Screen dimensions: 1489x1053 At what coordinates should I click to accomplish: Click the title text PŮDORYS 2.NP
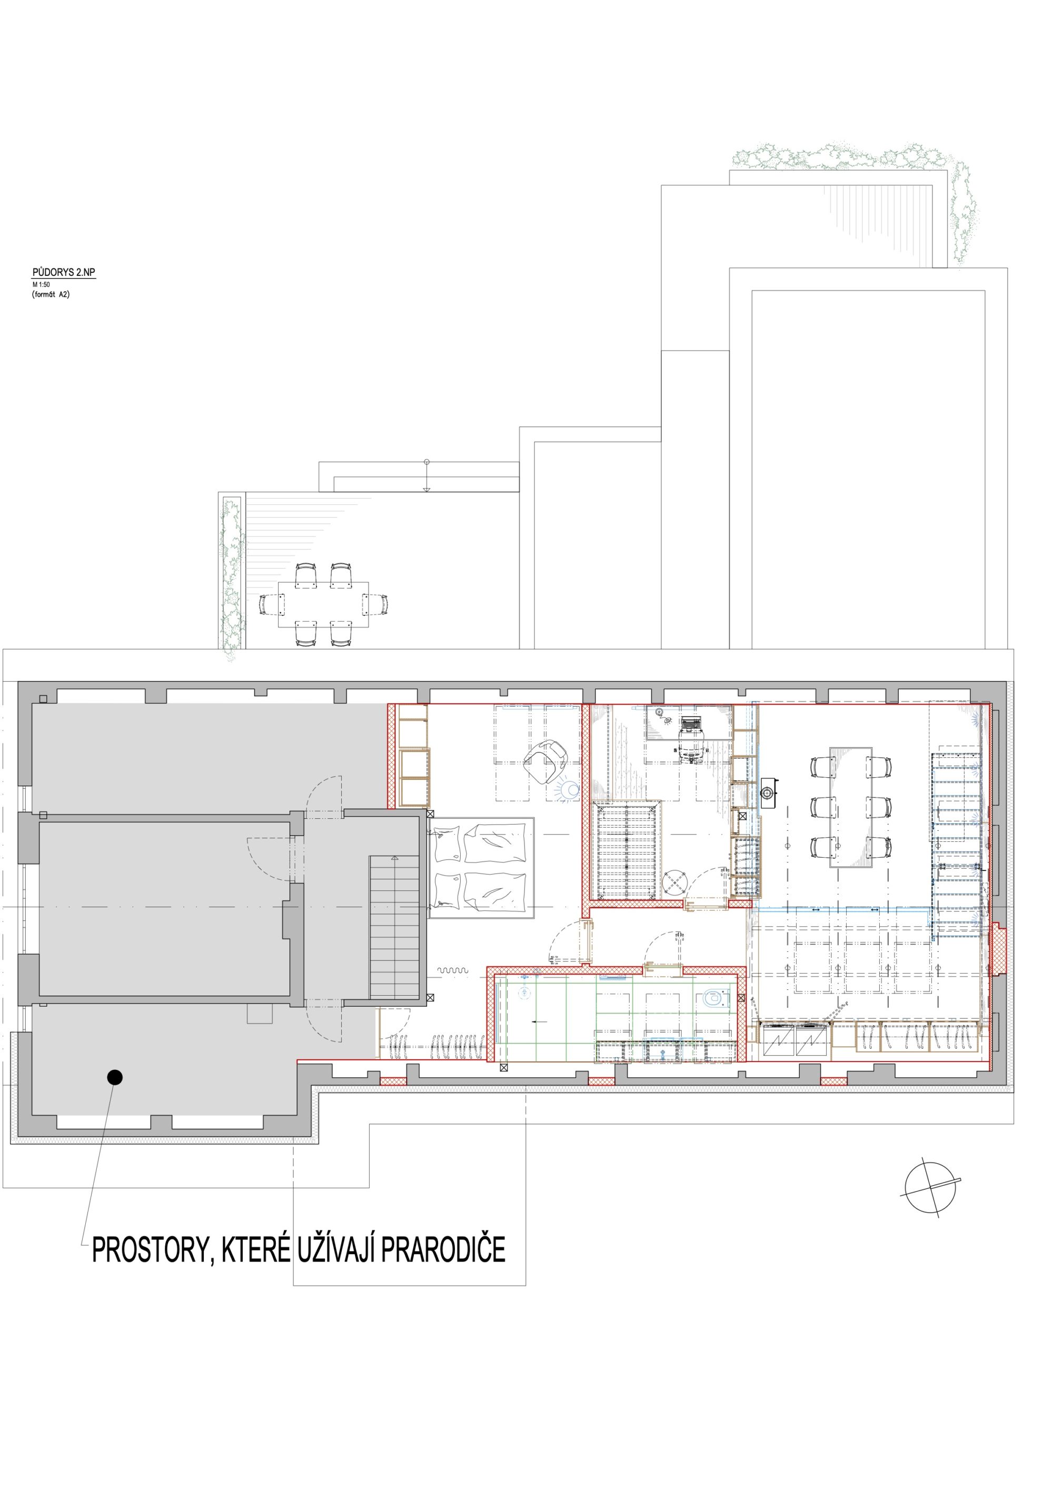coord(64,272)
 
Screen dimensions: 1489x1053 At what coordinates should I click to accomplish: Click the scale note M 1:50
coord(41,284)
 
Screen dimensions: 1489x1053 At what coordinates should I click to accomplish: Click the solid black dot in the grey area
coord(115,1077)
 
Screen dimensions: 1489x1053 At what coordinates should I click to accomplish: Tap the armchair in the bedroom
coord(546,759)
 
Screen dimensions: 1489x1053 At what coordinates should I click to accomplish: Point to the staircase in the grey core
coord(394,927)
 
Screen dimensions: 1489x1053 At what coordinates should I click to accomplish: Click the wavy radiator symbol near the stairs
coord(453,971)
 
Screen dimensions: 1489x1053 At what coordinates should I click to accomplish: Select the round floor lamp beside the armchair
coord(571,790)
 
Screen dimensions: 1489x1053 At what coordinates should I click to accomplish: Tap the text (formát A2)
coord(51,294)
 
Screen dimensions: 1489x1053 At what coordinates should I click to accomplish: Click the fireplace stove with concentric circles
coord(768,792)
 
